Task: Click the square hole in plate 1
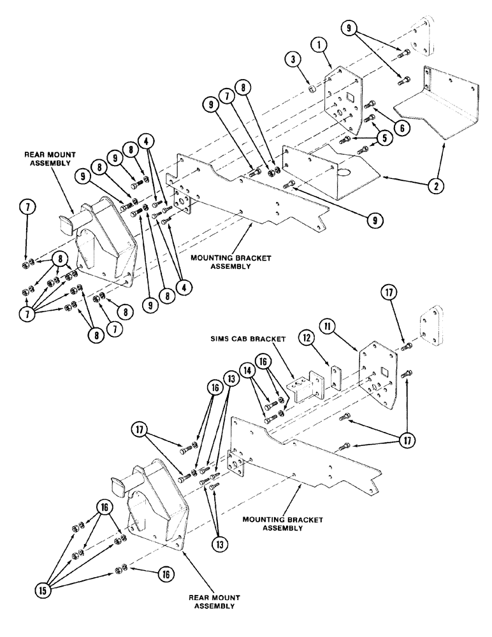click(x=349, y=97)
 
